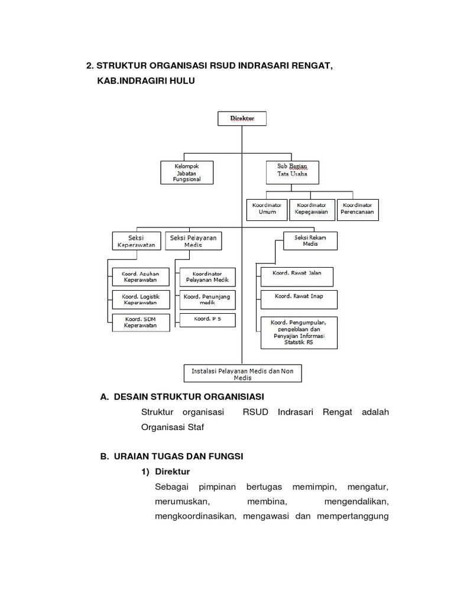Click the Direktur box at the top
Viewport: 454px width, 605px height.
click(242, 118)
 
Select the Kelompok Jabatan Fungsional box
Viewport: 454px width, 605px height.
click(187, 173)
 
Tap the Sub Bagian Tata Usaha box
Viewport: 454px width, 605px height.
click(293, 173)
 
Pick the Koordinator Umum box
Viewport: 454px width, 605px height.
click(267, 209)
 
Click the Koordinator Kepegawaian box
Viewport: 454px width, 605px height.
click(312, 209)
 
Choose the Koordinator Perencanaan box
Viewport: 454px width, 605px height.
click(358, 209)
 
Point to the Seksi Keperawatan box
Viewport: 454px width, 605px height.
click(137, 241)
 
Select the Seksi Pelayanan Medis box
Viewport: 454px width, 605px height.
click(193, 241)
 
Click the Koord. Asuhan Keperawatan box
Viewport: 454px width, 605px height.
click(140, 277)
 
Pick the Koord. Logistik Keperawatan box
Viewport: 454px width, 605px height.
click(140, 299)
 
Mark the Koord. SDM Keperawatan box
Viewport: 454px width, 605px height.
click(140, 322)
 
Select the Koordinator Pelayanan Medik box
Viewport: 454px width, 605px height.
click(207, 277)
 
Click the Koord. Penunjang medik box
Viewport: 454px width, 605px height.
click(207, 299)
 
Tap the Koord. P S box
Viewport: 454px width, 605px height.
click(207, 320)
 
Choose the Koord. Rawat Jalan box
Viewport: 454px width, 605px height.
click(297, 277)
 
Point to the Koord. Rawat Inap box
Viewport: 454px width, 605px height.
click(299, 299)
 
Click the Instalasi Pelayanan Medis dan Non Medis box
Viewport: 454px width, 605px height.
click(242, 373)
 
